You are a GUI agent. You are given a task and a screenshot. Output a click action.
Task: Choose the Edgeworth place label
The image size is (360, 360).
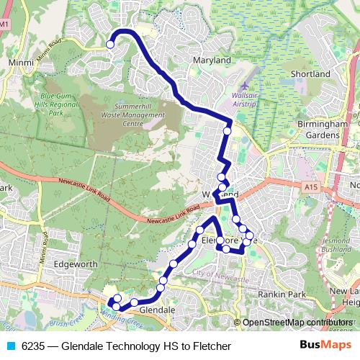tap(76, 264)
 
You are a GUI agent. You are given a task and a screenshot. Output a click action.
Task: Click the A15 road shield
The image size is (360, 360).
tap(310, 187)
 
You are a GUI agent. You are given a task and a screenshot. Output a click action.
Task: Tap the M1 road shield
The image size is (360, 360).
tap(6, 24)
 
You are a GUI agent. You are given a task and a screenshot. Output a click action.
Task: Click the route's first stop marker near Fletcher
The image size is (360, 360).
tap(110, 45)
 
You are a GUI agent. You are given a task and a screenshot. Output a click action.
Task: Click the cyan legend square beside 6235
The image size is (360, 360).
tap(10, 346)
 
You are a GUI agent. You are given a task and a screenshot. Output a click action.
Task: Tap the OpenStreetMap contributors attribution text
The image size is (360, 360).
tap(297, 323)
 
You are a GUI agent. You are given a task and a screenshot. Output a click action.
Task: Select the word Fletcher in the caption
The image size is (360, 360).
tap(213, 346)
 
